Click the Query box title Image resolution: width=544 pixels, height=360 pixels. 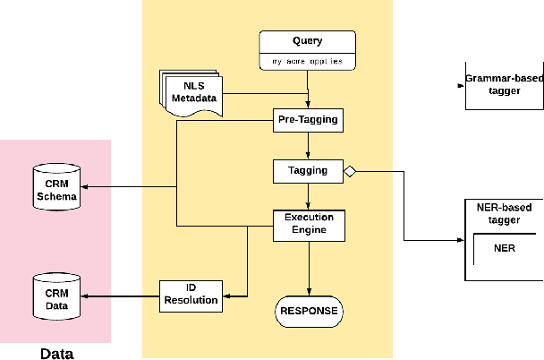tap(307, 41)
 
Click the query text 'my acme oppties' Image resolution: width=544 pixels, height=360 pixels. tap(307, 62)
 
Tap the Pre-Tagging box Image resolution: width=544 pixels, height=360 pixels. tap(308, 119)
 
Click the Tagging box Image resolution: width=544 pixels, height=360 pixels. tap(308, 170)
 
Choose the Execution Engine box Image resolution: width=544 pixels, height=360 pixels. tap(308, 224)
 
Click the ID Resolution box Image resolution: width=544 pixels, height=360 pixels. tap(191, 295)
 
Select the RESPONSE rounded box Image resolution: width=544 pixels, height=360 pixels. tap(308, 311)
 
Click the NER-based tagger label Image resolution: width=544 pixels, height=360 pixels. tap(505, 214)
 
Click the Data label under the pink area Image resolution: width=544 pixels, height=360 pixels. tap(56, 353)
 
